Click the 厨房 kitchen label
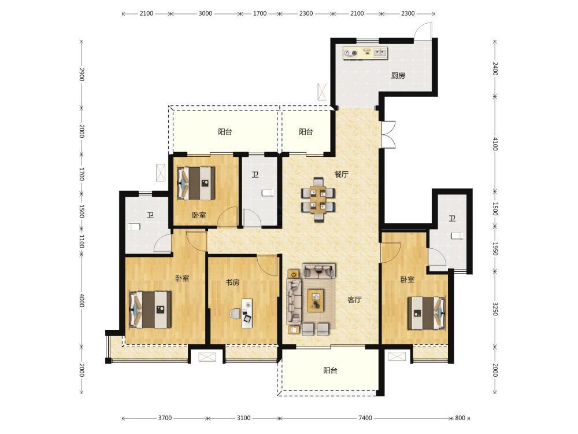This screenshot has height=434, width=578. click(398, 76)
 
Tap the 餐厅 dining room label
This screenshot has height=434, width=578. click(341, 175)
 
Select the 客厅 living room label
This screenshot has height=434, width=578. click(354, 300)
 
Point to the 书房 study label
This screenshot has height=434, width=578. click(232, 282)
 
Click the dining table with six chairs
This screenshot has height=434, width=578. click(318, 199)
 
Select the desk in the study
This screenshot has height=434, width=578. click(247, 313)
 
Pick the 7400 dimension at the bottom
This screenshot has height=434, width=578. click(365, 418)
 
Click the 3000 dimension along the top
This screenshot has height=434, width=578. click(205, 14)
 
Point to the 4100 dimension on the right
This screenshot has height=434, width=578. click(495, 144)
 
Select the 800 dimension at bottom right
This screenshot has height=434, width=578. click(460, 418)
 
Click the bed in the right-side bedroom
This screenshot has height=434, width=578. click(426, 313)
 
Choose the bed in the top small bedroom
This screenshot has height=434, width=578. click(196, 183)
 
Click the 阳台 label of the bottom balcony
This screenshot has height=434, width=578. click(330, 370)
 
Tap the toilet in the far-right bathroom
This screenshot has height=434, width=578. click(457, 236)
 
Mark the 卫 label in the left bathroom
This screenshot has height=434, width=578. click(150, 215)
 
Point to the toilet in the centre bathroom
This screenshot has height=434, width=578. click(268, 193)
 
